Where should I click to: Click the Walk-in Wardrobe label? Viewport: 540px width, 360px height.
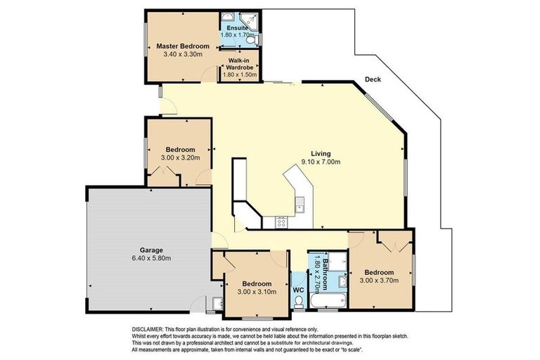(240, 64)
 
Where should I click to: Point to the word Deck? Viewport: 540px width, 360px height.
(373, 79)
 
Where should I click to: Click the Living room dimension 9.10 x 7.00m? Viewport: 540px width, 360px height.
(321, 162)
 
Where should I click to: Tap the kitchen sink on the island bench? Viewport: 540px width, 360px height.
(300, 205)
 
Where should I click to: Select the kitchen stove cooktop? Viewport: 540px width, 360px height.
(282, 223)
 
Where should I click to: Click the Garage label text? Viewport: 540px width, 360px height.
(151, 250)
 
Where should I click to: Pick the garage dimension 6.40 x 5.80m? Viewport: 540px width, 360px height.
(151, 258)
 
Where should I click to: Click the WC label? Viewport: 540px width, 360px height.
(297, 289)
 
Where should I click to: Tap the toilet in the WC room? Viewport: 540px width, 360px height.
(298, 302)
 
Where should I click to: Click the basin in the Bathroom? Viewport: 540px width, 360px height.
(342, 281)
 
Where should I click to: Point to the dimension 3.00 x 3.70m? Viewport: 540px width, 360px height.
(379, 281)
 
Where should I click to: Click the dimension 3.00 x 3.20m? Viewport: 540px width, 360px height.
(180, 157)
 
